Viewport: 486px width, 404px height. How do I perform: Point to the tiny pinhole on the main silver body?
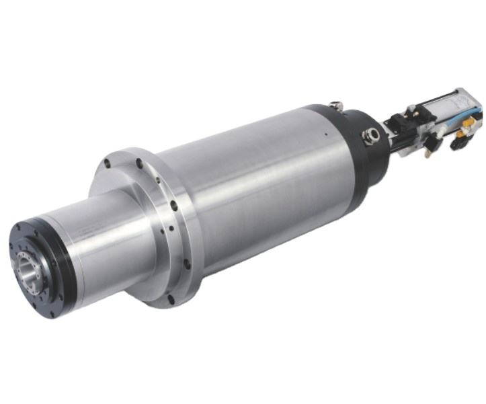pyautogui.click(x=324, y=134)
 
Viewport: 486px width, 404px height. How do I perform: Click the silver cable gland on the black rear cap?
pyautogui.click(x=369, y=136)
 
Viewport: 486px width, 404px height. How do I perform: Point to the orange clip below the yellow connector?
pyautogui.click(x=461, y=142)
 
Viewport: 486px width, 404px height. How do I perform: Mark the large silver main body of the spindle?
pyautogui.click(x=262, y=188)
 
